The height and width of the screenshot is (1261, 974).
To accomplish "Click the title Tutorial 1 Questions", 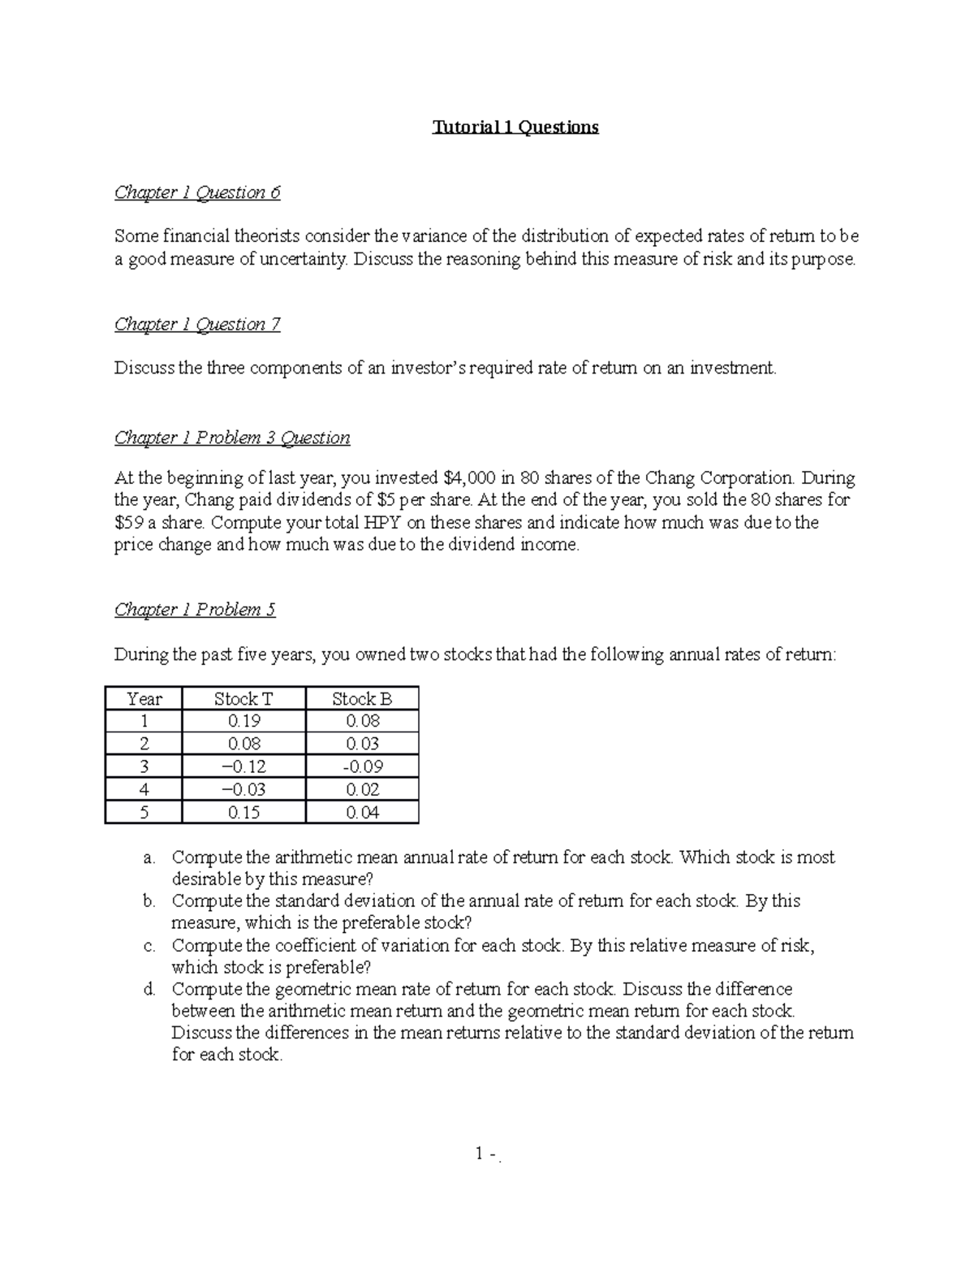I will click(515, 127).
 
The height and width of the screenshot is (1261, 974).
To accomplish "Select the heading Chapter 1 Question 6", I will click(197, 192).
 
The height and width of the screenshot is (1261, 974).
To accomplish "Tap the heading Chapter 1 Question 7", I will click(197, 325).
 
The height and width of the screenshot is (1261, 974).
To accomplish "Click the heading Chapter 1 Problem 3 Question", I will click(232, 438).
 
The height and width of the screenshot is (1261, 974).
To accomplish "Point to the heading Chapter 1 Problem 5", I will click(195, 610).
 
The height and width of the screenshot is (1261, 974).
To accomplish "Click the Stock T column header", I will click(243, 699).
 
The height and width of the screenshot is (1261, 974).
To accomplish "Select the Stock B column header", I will click(362, 699).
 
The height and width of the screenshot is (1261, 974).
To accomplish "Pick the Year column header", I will click(144, 699).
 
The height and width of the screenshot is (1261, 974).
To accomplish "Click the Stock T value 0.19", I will click(243, 721).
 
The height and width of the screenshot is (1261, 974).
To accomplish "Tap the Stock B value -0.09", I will click(363, 767).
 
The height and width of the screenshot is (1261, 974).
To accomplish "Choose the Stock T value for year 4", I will click(243, 789).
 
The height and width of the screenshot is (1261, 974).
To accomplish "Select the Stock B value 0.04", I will click(363, 812).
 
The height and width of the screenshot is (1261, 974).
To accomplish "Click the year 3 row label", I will click(144, 767).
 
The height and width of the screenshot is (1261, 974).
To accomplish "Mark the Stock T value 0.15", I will click(243, 812).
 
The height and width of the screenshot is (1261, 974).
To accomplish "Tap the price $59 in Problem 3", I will click(129, 523).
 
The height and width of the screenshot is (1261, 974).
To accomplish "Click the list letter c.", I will click(149, 946).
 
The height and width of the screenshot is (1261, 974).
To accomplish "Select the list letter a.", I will click(149, 858).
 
